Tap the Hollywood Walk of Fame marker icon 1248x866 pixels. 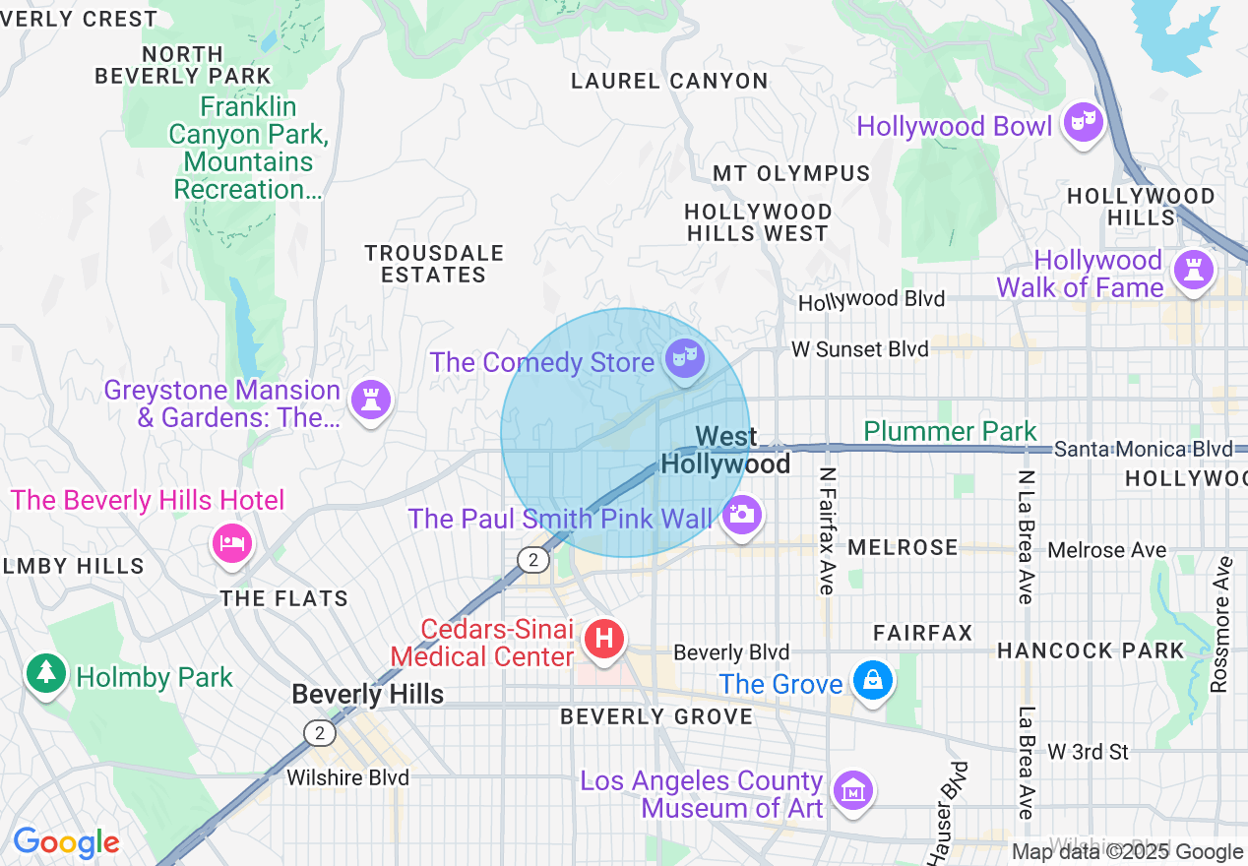[x=1195, y=270]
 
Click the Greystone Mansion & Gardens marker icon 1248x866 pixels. [x=370, y=400]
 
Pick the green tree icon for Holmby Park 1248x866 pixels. [x=45, y=673]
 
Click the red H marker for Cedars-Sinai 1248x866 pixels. [x=605, y=639]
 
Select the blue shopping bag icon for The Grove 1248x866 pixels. [x=872, y=680]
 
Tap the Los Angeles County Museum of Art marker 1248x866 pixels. [x=852, y=789]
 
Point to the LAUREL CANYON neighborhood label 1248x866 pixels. [x=669, y=82]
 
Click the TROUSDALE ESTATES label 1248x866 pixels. [x=434, y=265]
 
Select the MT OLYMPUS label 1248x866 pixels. [x=791, y=174]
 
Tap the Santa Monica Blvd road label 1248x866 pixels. [x=1142, y=450]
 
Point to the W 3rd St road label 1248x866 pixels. [x=1088, y=752]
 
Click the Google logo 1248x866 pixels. [x=66, y=842]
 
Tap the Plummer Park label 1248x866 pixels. [x=950, y=431]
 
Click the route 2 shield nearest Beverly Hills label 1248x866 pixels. [x=319, y=732]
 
